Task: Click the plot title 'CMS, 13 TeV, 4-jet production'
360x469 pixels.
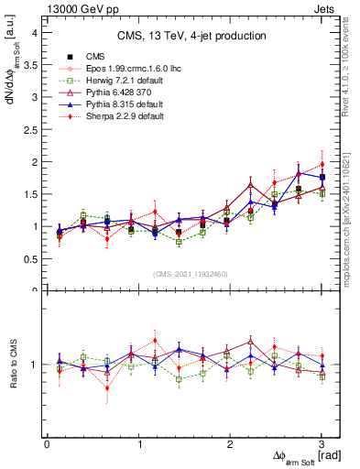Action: [x=191, y=36]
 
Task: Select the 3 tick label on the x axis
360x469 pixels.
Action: [x=322, y=443]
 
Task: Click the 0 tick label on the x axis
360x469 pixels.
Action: [x=47, y=443]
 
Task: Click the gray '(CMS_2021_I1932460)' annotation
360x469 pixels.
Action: [x=191, y=274]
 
